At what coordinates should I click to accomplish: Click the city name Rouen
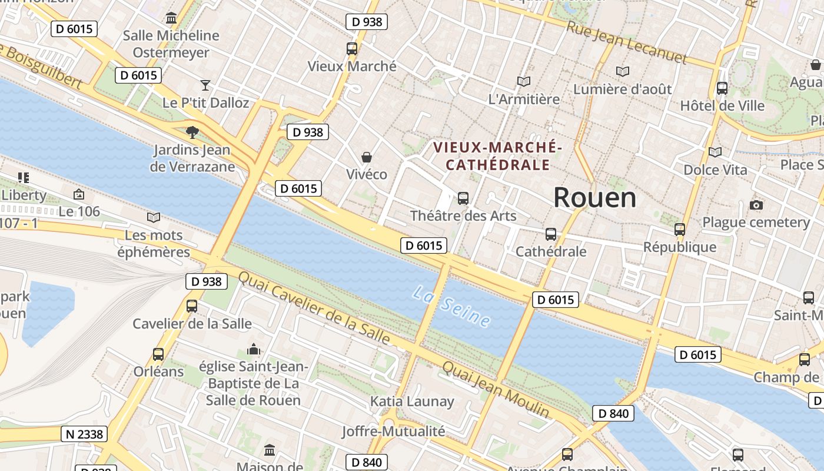(594, 198)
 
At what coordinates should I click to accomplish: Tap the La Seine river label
(451, 307)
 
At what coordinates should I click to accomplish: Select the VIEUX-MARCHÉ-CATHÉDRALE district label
(498, 155)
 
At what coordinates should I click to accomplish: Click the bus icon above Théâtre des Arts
(463, 198)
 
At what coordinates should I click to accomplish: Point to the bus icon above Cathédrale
(550, 234)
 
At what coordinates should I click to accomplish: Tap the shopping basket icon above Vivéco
(367, 157)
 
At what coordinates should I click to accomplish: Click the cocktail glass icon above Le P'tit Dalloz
(205, 85)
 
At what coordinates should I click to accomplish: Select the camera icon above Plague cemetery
(756, 205)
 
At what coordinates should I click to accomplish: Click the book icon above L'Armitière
(523, 82)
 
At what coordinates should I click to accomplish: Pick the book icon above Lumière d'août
(622, 72)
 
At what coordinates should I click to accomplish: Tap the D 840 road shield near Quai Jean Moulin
(613, 413)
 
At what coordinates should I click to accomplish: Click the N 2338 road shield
(84, 434)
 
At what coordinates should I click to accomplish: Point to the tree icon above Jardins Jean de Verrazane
(192, 132)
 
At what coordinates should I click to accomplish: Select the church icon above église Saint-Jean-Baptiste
(254, 350)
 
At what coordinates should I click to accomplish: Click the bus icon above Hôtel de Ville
(722, 89)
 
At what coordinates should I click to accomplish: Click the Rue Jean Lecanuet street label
(626, 43)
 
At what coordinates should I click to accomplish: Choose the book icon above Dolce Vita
(715, 152)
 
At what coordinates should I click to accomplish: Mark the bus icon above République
(680, 230)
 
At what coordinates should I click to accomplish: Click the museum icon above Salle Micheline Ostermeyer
(171, 18)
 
